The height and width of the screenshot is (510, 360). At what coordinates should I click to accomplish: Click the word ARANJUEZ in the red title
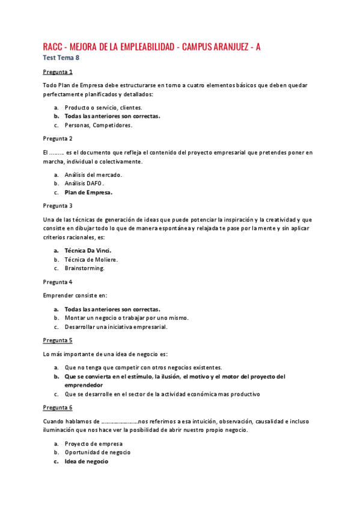click(x=225, y=47)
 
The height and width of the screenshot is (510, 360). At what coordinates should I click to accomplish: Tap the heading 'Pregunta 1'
click(x=58, y=72)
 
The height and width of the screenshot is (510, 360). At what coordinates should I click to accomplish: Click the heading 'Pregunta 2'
click(x=58, y=138)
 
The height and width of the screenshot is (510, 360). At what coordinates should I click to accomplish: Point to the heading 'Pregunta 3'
click(x=58, y=206)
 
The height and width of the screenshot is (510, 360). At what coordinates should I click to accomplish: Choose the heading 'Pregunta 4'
click(x=58, y=281)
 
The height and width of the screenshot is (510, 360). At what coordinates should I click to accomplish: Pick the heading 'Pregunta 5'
click(x=58, y=340)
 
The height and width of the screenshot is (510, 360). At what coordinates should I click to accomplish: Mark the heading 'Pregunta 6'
click(x=58, y=408)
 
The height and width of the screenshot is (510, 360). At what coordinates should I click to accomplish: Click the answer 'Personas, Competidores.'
click(x=98, y=125)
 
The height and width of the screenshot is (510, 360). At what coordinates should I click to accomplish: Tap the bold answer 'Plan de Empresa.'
click(x=88, y=192)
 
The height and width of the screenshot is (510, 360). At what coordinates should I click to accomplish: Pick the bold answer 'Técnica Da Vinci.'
click(x=88, y=250)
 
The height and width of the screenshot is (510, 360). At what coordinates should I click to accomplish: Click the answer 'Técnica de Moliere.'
click(x=91, y=259)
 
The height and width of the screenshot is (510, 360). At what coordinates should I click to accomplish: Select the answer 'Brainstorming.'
click(x=85, y=268)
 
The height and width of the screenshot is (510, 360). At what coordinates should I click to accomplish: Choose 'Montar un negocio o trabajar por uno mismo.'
click(x=127, y=318)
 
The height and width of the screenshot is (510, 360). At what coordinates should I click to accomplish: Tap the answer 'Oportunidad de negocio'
click(x=97, y=452)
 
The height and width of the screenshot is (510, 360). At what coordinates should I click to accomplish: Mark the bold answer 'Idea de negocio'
click(x=87, y=461)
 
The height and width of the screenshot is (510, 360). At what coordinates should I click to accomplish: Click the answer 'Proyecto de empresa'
click(x=93, y=444)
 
